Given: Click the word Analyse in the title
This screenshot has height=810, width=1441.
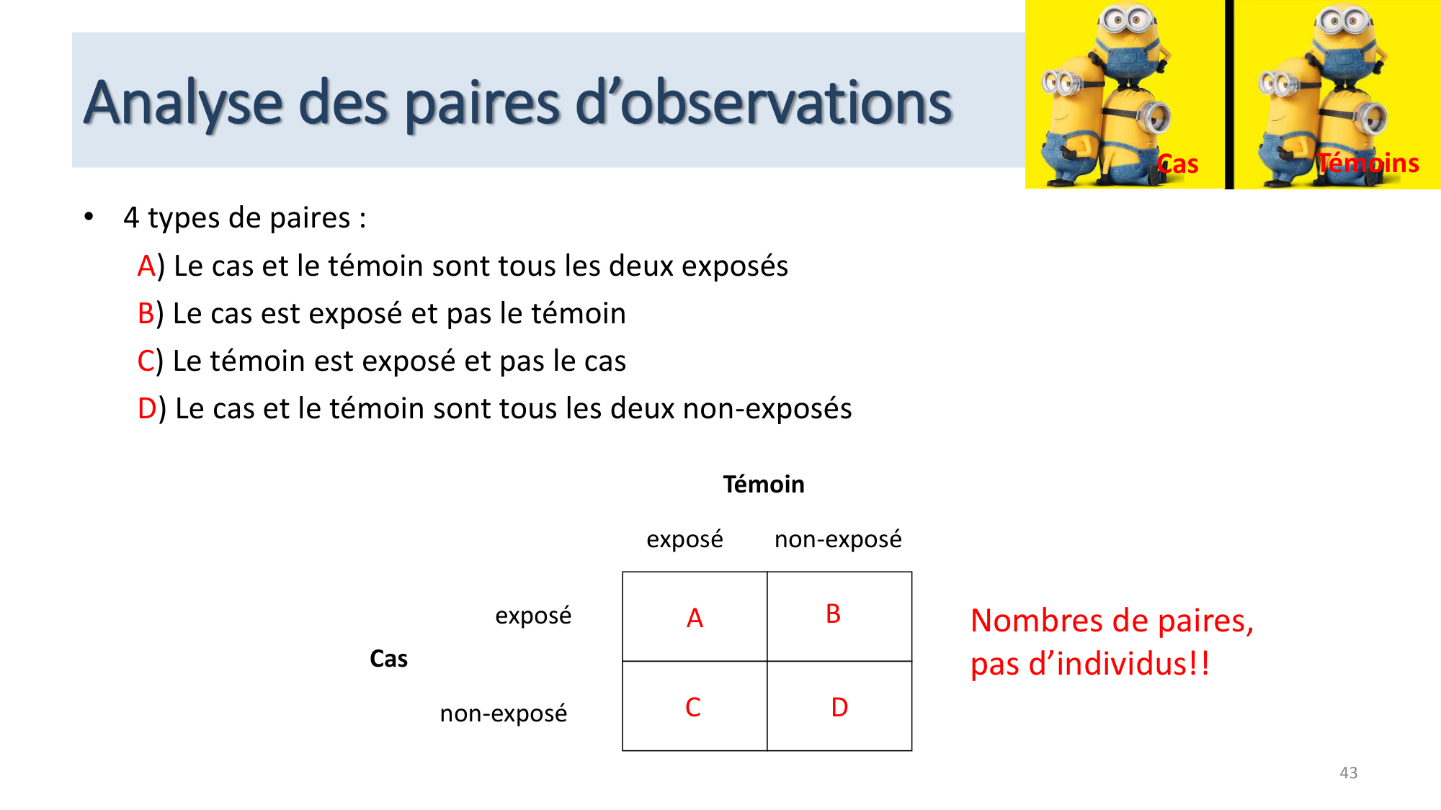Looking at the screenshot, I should pos(183,103).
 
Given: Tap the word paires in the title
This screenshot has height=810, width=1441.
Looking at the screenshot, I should pos(482,103).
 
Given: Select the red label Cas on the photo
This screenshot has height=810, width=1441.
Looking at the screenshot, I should pos(1178,164).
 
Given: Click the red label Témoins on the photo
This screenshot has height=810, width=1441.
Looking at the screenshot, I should pos(1368,163).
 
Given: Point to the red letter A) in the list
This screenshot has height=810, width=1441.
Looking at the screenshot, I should pos(147,266).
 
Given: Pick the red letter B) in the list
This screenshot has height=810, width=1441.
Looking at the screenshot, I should pos(146,314).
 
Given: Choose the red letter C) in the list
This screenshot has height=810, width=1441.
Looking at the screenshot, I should pos(146,361).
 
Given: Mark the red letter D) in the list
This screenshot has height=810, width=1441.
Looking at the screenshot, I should pos(147,409).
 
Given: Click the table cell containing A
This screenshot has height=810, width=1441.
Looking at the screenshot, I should pos(695,617).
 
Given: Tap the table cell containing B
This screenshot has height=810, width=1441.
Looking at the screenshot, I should pos(839,617).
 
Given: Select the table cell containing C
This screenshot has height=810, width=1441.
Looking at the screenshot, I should pos(695,706).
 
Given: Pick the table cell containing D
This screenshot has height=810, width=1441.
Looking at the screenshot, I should pos(839,706).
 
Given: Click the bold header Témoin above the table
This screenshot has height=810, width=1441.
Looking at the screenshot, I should pos(764,485).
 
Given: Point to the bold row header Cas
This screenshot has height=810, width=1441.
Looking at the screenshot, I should pos(388,659).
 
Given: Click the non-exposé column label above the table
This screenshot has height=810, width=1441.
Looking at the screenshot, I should pos(838,539).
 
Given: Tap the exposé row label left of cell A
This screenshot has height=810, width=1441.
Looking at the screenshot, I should pos(533,616).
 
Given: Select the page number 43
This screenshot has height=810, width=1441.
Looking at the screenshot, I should pos(1348,773).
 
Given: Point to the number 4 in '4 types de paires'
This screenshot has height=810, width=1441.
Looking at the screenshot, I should pos(131,218).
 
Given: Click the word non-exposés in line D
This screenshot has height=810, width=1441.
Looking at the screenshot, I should pos(767,409).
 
